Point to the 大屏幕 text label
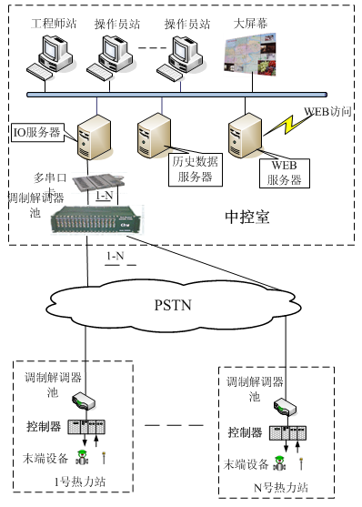pyautogui.click(x=247, y=20)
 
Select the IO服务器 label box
pyautogui.click(x=36, y=132)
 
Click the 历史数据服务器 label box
pyautogui.click(x=192, y=169)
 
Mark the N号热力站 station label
pyautogui.click(x=282, y=488)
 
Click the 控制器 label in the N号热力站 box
pyautogui.click(x=245, y=432)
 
